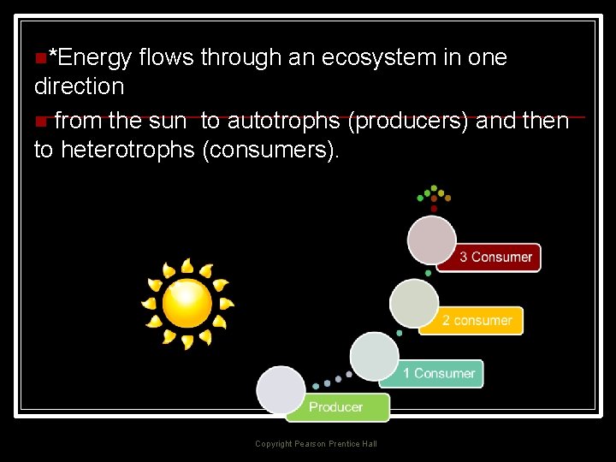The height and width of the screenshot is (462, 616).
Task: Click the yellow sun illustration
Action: pyautogui.click(x=187, y=303)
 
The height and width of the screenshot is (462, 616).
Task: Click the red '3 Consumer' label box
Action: pyautogui.click(x=489, y=257)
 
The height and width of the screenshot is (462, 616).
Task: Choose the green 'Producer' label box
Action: pyautogui.click(x=337, y=407)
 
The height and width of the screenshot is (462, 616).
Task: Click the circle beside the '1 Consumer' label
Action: pyautogui.click(x=375, y=357)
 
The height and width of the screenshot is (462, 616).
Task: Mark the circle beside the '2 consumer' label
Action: pyautogui.click(x=414, y=303)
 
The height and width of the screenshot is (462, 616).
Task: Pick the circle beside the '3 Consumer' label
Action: pyautogui.click(x=432, y=240)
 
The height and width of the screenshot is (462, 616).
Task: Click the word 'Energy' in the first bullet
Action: pyautogui.click(x=90, y=58)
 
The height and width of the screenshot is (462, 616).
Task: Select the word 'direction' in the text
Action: pyautogui.click(x=79, y=86)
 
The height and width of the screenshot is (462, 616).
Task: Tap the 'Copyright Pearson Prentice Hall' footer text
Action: pyautogui.click(x=316, y=444)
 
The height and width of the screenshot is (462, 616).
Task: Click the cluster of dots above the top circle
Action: pyautogui.click(x=434, y=196)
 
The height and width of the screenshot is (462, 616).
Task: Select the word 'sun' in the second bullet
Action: pyautogui.click(x=174, y=121)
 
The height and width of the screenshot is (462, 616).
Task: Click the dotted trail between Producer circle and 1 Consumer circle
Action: pyautogui.click(x=332, y=380)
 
